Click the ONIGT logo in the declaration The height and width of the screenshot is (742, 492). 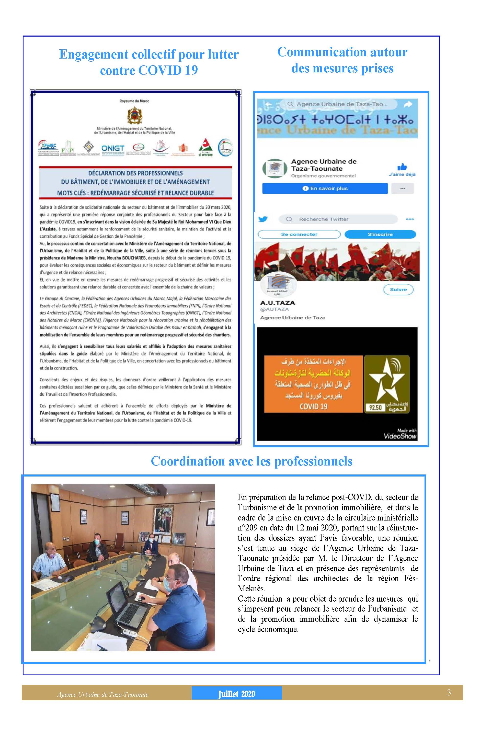pyautogui.click(x=113, y=148)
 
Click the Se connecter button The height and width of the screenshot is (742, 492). pyautogui.click(x=299, y=234)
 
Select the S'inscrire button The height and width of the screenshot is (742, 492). pyautogui.click(x=380, y=234)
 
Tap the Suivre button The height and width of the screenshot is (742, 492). pyautogui.click(x=398, y=290)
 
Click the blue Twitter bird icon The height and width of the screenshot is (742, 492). pyautogui.click(x=263, y=219)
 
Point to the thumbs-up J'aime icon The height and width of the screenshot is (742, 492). pyautogui.click(x=402, y=167)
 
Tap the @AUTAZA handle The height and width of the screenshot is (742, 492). pyautogui.click(x=274, y=309)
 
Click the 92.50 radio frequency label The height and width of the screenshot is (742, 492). pyautogui.click(x=375, y=408)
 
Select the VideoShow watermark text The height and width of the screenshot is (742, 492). pyautogui.click(x=400, y=436)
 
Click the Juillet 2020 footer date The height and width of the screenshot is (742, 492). pyautogui.click(x=237, y=694)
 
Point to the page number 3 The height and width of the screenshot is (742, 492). pyautogui.click(x=449, y=692)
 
